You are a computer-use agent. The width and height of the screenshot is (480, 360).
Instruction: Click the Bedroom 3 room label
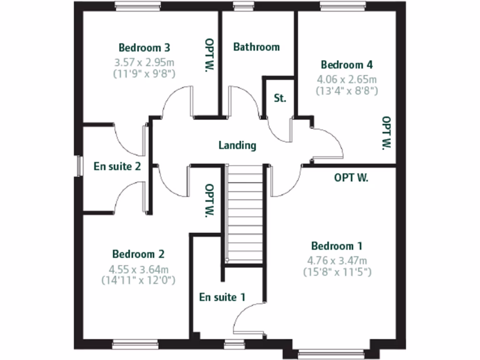click(x=144, y=48)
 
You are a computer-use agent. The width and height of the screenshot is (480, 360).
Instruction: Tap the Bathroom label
click(x=256, y=47)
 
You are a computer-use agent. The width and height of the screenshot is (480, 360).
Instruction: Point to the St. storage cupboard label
click(x=280, y=98)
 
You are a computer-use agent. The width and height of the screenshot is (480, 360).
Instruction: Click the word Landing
click(x=238, y=145)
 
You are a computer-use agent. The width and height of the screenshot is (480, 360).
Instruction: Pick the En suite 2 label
click(x=117, y=166)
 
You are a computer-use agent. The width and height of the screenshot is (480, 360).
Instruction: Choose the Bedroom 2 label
click(x=138, y=254)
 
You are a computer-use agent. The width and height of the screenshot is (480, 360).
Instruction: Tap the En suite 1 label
click(x=222, y=297)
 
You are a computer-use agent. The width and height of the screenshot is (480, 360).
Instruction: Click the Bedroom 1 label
click(x=337, y=246)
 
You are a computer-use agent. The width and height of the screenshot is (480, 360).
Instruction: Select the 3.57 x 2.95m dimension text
click(x=144, y=62)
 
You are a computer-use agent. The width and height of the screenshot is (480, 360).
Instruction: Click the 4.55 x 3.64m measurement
click(x=138, y=269)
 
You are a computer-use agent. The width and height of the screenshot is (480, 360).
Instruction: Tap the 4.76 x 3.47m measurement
click(x=337, y=261)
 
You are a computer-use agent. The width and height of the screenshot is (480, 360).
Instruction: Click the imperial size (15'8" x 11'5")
click(x=337, y=272)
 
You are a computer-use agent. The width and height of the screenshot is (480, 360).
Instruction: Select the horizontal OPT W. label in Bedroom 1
click(x=351, y=178)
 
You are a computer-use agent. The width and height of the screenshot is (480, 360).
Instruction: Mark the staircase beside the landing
click(x=244, y=213)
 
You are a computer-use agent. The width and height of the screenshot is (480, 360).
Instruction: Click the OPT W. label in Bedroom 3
click(x=209, y=55)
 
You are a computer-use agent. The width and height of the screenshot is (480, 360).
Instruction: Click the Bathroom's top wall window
click(x=242, y=6)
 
